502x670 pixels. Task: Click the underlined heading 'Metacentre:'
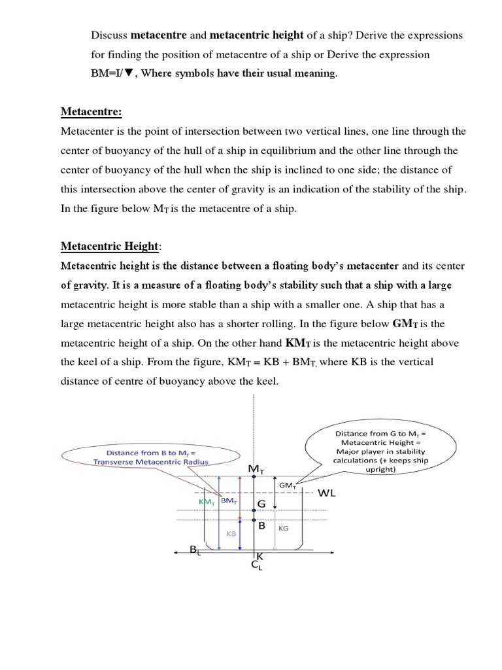click(91, 113)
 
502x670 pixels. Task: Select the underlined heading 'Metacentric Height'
click(109, 246)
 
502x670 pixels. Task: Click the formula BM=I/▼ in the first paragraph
click(113, 73)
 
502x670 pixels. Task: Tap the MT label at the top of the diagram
click(255, 470)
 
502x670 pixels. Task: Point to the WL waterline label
click(326, 493)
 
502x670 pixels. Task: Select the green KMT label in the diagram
click(207, 501)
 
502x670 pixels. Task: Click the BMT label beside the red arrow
click(228, 501)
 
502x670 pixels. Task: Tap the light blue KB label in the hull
click(231, 533)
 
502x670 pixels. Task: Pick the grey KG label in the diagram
click(284, 527)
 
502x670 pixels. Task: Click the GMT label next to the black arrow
click(288, 485)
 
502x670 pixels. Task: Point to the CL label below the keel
click(256, 566)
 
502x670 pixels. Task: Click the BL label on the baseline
click(194, 550)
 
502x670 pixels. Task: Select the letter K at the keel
click(259, 556)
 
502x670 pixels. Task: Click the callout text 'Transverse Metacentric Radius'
click(150, 462)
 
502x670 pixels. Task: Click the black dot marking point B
click(254, 521)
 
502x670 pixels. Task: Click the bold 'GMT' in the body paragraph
click(407, 324)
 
